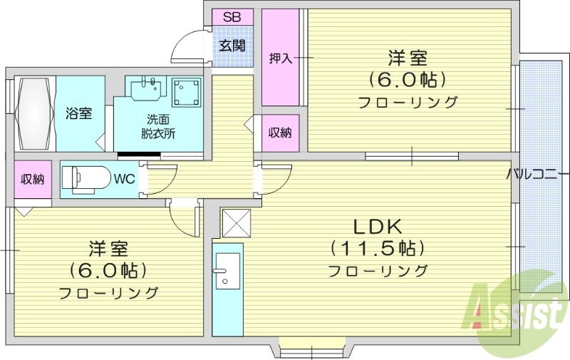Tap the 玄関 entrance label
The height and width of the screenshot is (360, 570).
[232, 46]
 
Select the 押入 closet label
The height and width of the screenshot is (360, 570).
[280, 58]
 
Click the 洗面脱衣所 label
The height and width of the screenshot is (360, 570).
[157, 125]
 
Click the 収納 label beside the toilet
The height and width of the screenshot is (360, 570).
[31, 179]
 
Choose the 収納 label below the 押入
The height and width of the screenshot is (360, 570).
[279, 133]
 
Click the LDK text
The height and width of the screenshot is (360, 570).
[378, 227]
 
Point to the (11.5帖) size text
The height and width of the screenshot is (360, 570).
[378, 249]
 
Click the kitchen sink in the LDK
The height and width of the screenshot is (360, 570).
[226, 271]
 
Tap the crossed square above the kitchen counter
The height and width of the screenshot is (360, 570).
[238, 223]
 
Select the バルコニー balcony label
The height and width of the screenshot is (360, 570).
[537, 174]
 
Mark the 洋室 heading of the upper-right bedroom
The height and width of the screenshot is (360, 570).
[408, 56]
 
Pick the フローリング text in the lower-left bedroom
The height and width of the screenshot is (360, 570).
[108, 292]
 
